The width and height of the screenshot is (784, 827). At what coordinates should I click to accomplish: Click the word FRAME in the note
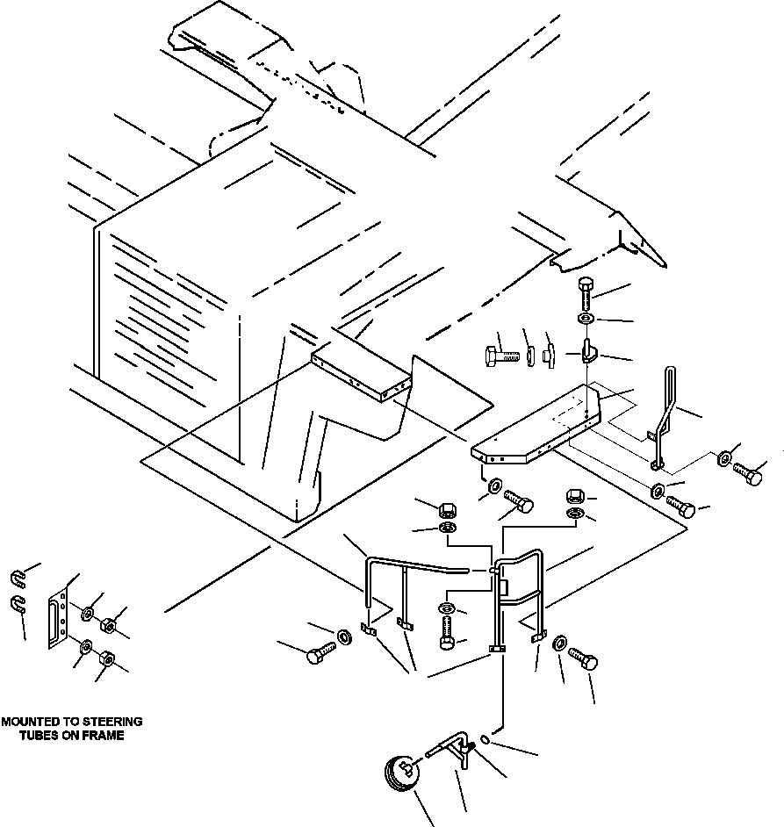[104, 736]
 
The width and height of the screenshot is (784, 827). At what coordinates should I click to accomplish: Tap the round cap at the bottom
[402, 775]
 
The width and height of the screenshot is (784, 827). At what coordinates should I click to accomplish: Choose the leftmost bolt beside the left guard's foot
[318, 653]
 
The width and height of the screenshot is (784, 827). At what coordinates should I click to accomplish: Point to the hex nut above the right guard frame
[574, 496]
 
